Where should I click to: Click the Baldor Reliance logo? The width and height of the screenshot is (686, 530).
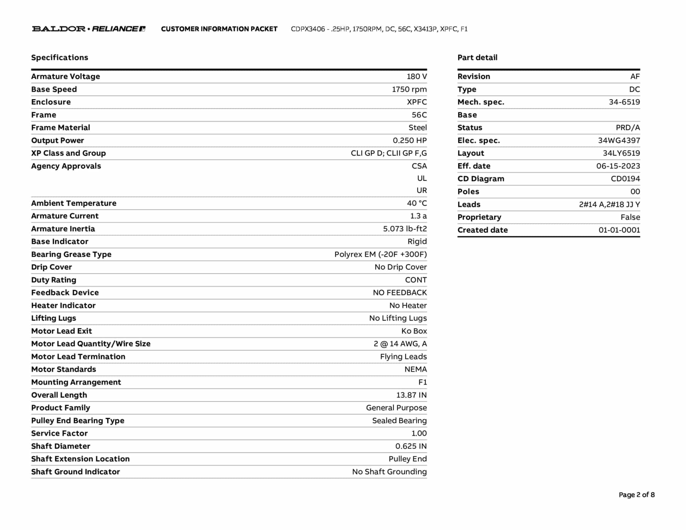tap(88, 29)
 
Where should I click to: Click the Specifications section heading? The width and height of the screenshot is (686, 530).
tap(60, 58)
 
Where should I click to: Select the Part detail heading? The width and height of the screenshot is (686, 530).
tap(477, 58)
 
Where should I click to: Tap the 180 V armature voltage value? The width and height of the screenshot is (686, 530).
tap(417, 76)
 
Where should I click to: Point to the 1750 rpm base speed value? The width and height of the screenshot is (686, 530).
tap(409, 89)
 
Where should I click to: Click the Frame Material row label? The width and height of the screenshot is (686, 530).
tap(61, 128)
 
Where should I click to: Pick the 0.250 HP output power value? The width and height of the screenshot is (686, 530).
tap(410, 140)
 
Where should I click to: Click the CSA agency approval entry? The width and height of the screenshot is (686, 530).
tap(419, 166)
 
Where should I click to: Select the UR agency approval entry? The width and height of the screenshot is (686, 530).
tap(421, 190)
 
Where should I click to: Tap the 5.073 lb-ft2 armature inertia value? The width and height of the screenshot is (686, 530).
tap(405, 229)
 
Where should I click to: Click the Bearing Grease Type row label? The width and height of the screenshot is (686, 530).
tap(71, 254)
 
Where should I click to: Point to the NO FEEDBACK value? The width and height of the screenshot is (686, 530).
tap(400, 293)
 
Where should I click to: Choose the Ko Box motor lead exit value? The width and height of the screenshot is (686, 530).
tap(414, 331)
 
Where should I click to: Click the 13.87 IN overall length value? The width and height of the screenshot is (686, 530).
tap(411, 395)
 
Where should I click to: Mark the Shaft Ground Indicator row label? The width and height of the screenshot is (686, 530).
tap(75, 472)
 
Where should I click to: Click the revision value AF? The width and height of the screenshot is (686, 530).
tap(635, 76)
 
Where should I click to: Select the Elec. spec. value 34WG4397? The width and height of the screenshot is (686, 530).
tap(619, 140)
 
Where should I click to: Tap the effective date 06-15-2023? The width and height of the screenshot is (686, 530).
tap(618, 166)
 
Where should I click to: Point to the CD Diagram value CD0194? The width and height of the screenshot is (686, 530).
tap(625, 179)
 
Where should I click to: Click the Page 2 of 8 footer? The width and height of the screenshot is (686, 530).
tap(636, 495)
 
